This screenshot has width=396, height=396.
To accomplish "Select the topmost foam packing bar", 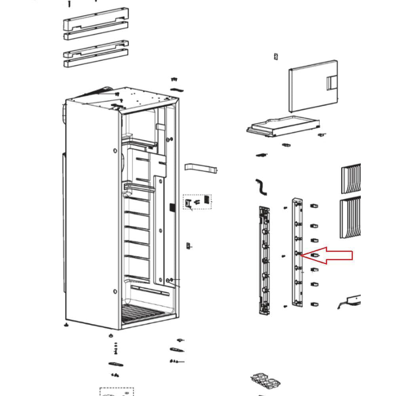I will point(96,18).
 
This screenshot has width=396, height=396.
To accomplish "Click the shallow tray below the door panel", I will point(283,126).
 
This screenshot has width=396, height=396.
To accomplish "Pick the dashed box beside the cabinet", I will point(197,202).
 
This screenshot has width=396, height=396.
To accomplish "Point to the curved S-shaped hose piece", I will point(261,187).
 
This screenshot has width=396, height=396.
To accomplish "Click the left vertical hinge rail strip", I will point(264,259).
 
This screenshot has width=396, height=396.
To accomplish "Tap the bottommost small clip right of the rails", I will point(314,305).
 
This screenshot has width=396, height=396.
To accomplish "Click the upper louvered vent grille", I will point(351,178).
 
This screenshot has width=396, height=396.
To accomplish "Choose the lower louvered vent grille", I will point(351,218).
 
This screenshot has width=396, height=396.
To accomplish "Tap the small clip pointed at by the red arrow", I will point(315,255).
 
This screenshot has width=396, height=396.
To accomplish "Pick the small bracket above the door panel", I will point(276,57).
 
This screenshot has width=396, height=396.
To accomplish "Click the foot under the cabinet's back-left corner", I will point(66,325).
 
